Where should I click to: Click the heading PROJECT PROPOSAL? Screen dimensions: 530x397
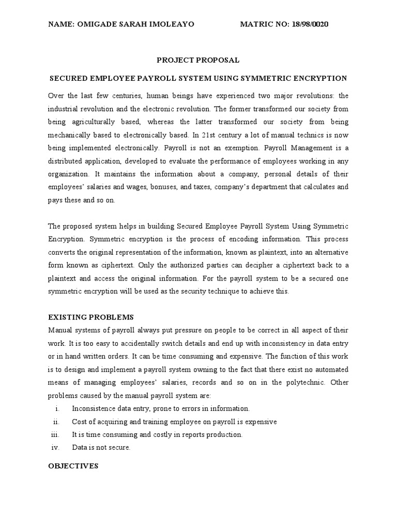(198, 60)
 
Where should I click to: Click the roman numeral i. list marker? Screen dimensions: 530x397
(56, 408)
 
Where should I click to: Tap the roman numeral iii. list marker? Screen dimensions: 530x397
(56, 435)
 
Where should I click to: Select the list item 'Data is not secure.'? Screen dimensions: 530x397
(101, 448)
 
